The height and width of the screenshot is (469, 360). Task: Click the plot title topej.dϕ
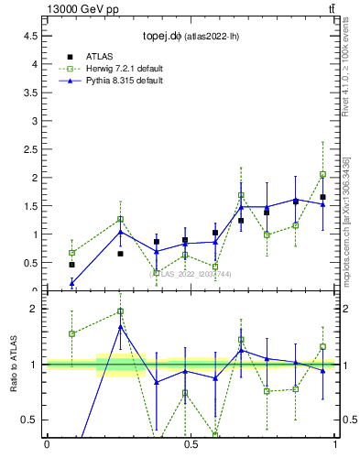(163, 37)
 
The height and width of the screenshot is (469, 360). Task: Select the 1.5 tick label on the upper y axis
(31, 206)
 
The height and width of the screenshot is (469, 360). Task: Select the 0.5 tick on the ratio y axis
(31, 420)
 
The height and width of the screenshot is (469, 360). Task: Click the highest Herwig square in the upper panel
(322, 174)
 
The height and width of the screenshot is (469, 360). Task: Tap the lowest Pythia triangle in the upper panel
(71, 283)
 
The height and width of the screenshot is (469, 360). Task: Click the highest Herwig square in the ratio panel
(120, 311)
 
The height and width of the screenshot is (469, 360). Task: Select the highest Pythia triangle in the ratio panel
(120, 327)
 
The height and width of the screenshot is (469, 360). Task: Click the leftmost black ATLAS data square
(71, 264)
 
